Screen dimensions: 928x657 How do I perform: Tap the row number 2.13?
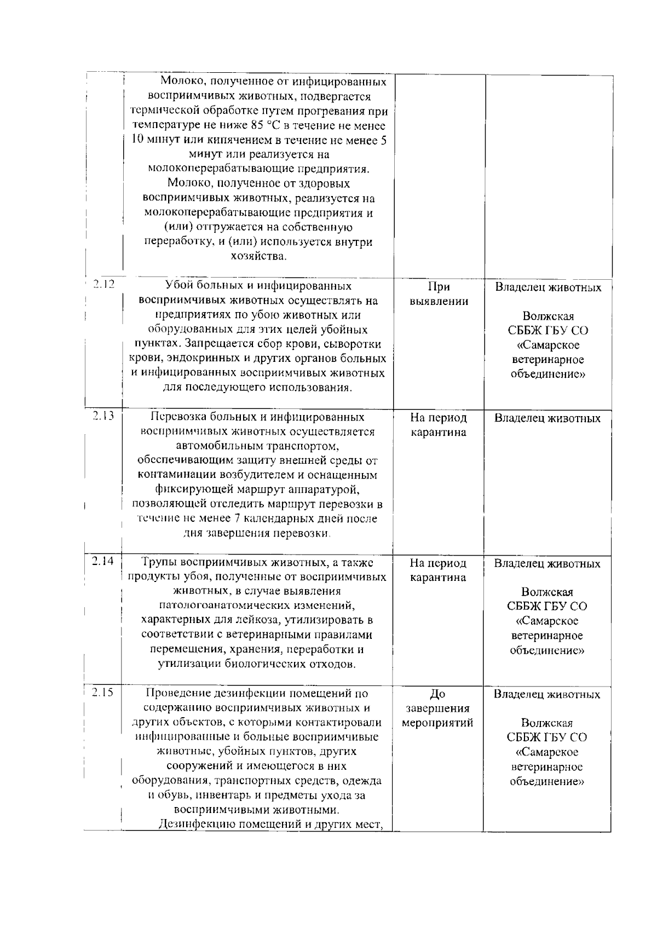tap(103, 416)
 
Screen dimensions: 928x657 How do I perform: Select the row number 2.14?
tap(103, 561)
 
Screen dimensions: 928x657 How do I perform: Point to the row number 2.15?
tap(103, 692)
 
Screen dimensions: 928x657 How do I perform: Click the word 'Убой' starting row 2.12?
tap(178, 286)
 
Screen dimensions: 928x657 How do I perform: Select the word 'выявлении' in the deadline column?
tap(439, 302)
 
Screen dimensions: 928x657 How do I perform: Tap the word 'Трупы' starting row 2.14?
tap(159, 562)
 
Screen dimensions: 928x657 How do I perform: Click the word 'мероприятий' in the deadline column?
tap(438, 723)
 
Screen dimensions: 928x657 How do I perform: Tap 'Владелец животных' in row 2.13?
tap(547, 419)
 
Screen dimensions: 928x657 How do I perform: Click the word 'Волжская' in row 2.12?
tap(548, 316)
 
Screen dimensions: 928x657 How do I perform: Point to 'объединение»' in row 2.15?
tap(547, 781)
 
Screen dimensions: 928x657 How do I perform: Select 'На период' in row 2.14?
tap(438, 563)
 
